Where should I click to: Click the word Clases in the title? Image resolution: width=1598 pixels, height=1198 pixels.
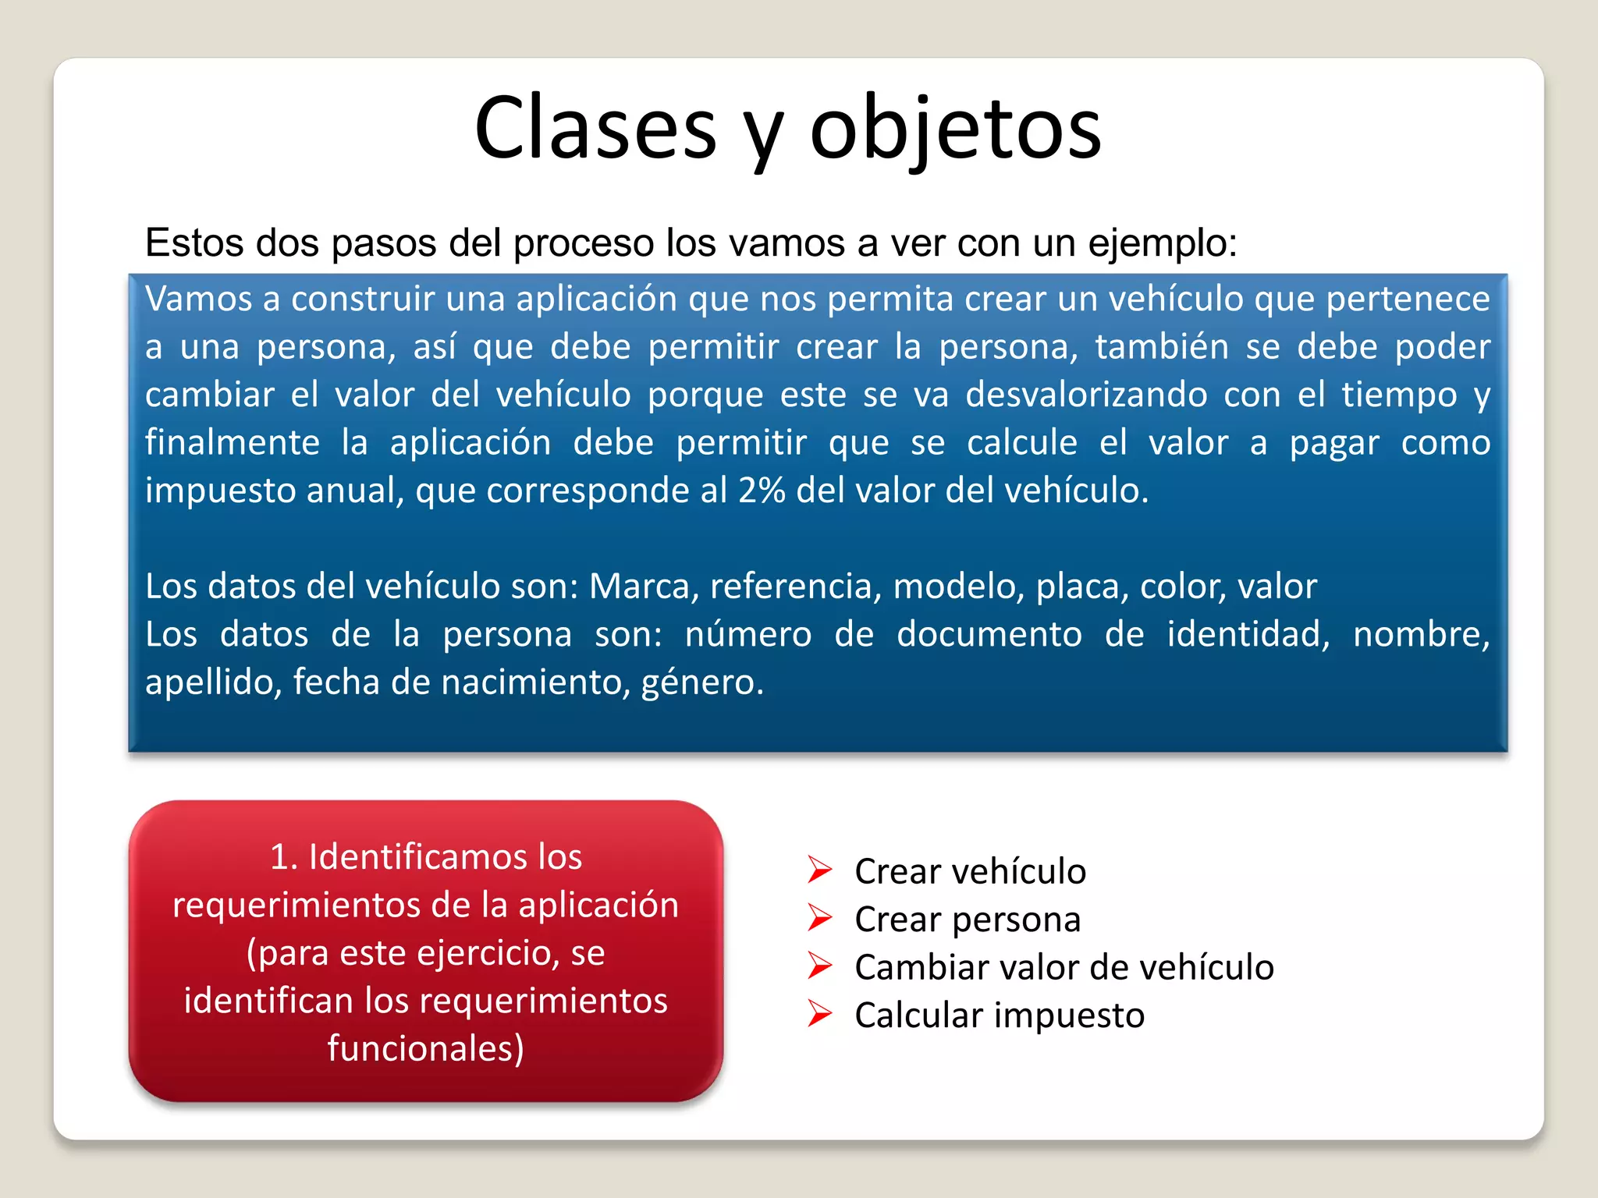click(595, 129)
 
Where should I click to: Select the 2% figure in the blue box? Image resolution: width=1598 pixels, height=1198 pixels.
click(762, 491)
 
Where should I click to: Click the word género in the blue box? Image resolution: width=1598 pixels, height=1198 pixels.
click(701, 682)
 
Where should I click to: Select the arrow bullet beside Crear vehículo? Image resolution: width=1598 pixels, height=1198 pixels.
click(820, 870)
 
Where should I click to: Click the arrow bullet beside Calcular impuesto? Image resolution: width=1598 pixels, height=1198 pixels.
click(820, 1014)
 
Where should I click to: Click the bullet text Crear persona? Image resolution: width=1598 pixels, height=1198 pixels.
click(968, 920)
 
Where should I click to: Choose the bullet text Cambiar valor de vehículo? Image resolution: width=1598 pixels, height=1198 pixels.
click(1064, 968)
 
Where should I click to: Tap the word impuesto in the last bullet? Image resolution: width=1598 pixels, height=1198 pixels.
click(1069, 1016)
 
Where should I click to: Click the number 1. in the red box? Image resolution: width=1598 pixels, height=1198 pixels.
click(284, 857)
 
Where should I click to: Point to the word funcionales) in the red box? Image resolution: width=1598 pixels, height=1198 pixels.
click(426, 1048)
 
